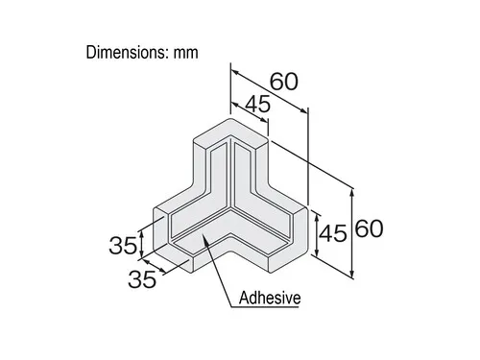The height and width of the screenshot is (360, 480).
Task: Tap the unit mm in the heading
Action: pos(186,53)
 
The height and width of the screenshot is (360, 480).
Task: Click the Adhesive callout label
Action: pos(270,299)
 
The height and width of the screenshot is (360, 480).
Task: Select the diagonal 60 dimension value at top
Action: pos(284,82)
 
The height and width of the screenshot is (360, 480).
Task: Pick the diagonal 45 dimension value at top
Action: pos(257,104)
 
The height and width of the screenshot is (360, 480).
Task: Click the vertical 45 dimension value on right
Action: pos(333,233)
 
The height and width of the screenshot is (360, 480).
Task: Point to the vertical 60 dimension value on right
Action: pos(370,228)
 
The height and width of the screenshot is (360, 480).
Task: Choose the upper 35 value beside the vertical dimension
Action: pos(123,246)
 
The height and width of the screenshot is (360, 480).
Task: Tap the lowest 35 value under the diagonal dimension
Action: pos(142,279)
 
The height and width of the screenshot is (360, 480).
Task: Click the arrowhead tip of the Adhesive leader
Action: pos(203,234)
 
